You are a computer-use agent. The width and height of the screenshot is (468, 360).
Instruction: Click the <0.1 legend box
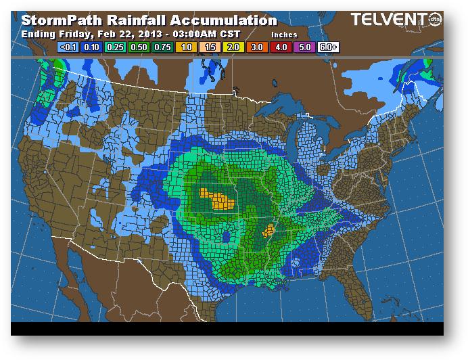(68, 47)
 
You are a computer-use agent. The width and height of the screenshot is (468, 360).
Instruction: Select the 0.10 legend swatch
(91, 47)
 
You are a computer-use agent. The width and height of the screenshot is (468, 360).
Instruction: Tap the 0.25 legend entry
(114, 47)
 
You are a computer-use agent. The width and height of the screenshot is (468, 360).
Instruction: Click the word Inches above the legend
(283, 33)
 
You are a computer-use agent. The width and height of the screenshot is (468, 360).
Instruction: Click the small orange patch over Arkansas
(268, 231)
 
